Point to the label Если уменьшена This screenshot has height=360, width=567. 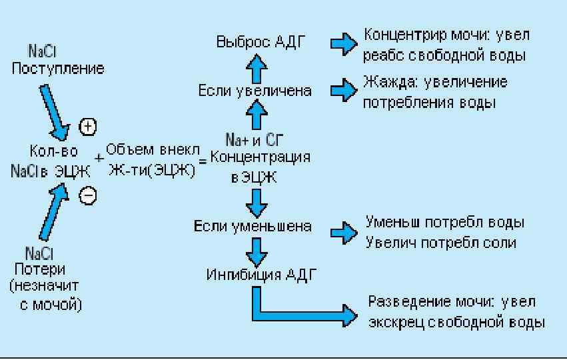click(x=253, y=226)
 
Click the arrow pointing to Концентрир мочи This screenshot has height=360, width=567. click(x=343, y=43)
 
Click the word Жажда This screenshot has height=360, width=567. click(x=384, y=82)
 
